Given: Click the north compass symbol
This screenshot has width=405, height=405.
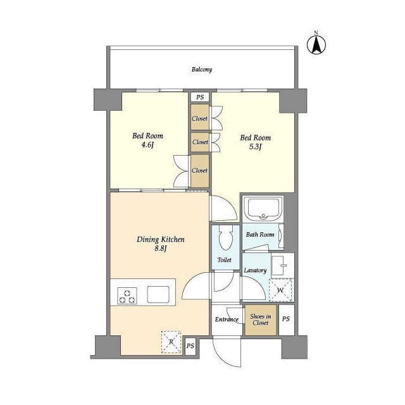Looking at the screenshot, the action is [316, 44].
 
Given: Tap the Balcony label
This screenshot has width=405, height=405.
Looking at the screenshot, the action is [202, 70].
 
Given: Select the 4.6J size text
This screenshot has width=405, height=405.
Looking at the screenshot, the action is [147, 145].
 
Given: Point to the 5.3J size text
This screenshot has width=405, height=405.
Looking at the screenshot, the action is [255, 147].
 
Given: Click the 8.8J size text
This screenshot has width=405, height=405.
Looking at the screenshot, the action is [160, 249].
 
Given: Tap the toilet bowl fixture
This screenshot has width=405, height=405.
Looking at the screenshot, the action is [226, 237].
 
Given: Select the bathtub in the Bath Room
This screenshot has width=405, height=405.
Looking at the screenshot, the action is [263, 209].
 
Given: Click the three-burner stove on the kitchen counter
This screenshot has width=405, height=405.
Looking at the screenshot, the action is [127, 296].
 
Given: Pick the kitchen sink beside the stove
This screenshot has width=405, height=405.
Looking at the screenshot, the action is [158, 294].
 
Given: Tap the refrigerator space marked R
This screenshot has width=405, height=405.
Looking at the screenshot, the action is [171, 342].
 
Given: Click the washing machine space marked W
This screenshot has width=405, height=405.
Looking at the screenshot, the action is [280, 290].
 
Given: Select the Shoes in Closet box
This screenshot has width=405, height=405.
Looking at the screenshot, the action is [261, 320].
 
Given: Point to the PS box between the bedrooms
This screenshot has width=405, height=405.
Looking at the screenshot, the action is [200, 97].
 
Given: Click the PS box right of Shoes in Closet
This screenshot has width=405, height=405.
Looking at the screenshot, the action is [286, 320].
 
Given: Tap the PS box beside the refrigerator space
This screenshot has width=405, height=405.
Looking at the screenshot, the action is [190, 346].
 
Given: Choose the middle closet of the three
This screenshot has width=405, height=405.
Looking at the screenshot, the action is [200, 142].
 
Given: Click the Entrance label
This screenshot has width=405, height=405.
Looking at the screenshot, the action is [227, 320].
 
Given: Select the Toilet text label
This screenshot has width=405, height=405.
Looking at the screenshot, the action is [225, 260].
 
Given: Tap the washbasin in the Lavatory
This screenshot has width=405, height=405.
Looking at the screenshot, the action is [281, 266].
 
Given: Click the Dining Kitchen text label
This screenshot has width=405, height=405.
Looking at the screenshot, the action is [161, 239].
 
